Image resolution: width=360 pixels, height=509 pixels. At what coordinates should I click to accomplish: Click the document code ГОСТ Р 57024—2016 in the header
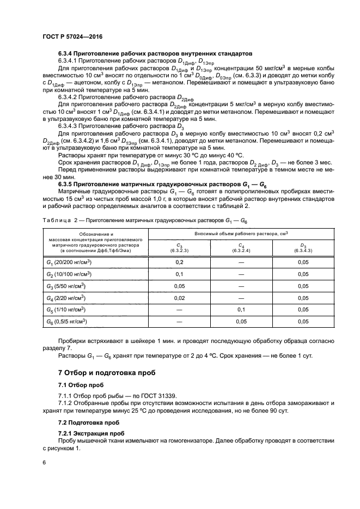[72, 36]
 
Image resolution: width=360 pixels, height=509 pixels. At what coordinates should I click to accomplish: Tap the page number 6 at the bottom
[44, 462]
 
